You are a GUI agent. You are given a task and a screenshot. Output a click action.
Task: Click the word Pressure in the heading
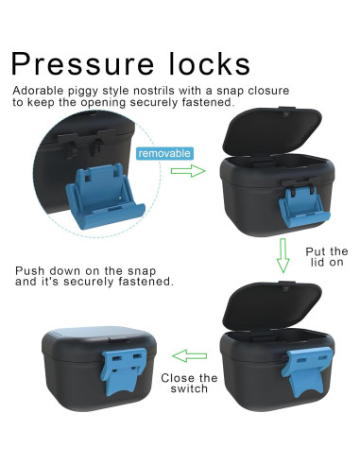click(x=82, y=64)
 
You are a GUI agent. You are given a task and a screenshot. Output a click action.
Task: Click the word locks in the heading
click(x=210, y=63)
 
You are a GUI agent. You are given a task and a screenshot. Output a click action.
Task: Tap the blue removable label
click(x=164, y=153)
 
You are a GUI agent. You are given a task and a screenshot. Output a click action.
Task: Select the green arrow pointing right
click(x=188, y=171)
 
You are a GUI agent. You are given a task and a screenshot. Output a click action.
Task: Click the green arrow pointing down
click(x=283, y=255)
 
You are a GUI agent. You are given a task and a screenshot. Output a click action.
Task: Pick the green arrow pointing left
click(x=189, y=356)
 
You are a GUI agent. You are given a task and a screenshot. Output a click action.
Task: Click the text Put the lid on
click(x=327, y=257)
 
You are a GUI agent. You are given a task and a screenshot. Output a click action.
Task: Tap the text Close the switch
click(x=189, y=383)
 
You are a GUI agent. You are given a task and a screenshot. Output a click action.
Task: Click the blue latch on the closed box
click(x=124, y=371)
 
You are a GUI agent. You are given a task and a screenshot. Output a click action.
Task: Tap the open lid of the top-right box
click(x=272, y=132)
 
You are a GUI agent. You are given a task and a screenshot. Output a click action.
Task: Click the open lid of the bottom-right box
click(x=272, y=306)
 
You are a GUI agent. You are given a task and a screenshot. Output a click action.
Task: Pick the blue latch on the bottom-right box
click(x=306, y=370)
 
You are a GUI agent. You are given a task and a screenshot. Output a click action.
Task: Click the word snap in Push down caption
click(x=142, y=271)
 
